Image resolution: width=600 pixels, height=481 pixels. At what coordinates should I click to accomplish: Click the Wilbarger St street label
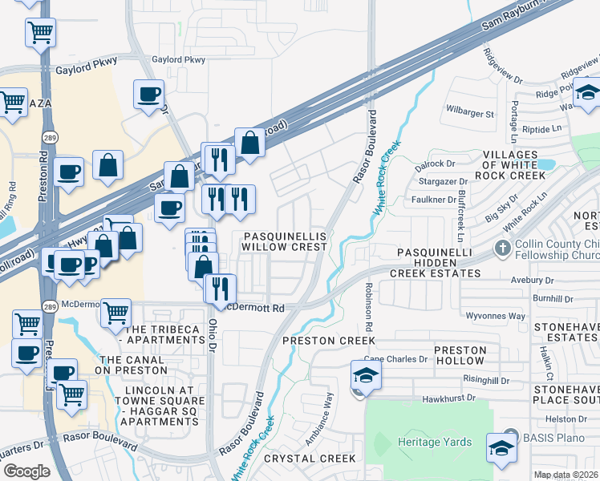(x=469, y=114)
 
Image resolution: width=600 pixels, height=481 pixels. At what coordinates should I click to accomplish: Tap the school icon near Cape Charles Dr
(x=364, y=375)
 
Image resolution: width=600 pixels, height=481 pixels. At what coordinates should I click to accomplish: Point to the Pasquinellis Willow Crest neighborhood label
(x=285, y=241)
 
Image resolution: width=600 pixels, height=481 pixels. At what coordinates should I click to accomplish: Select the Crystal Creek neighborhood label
(x=310, y=459)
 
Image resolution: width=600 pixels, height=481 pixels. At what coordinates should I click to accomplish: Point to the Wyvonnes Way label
(x=495, y=316)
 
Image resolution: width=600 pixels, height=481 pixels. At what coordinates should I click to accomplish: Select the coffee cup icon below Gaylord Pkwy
(x=148, y=95)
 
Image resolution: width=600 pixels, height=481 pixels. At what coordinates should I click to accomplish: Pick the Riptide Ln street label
(x=541, y=128)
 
